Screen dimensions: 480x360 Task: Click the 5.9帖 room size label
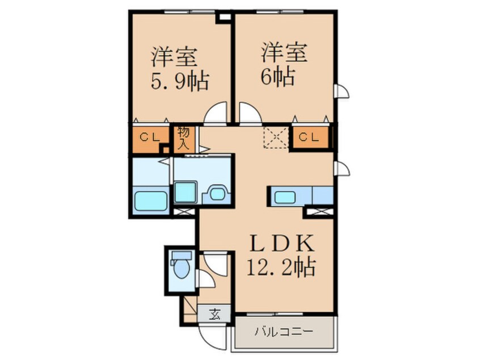[x=180, y=82]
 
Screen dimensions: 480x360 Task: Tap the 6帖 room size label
[x=277, y=77]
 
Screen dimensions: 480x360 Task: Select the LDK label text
[x=282, y=243]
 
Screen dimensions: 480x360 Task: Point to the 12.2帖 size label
[x=281, y=267]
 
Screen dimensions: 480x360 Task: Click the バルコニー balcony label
[x=284, y=332]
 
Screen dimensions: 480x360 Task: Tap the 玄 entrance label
[x=214, y=314]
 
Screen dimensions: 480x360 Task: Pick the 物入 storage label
[x=183, y=138]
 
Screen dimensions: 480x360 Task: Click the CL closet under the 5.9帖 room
[x=150, y=137]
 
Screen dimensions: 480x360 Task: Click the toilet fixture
[x=181, y=265]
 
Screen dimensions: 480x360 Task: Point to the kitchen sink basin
[x=285, y=197]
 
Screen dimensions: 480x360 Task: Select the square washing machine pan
[x=185, y=192]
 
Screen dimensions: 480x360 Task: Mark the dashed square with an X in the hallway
[x=276, y=137]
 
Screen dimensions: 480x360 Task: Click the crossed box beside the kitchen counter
[x=320, y=211]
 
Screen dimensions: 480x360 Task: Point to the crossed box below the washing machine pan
[x=184, y=211]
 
